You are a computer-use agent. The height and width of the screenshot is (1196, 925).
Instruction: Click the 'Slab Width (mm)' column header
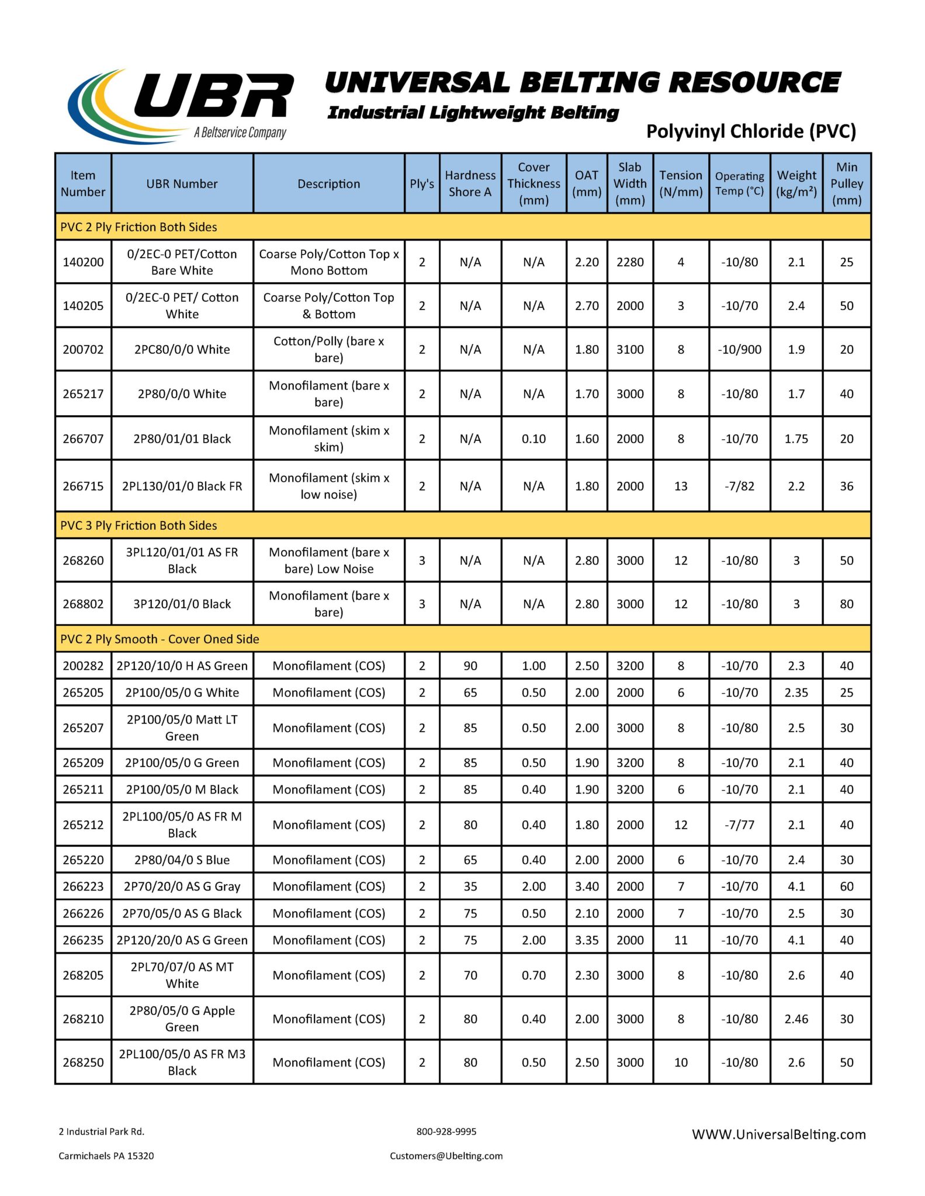(630, 183)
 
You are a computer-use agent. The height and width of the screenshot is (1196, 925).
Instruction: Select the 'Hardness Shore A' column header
(470, 183)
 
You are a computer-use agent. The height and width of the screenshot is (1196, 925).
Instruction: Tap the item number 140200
(83, 262)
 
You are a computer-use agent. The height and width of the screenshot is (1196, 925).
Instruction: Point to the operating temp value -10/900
(739, 349)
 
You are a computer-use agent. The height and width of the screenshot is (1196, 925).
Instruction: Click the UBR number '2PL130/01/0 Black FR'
(182, 486)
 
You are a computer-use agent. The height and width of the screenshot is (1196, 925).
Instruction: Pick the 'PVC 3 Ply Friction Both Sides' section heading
(138, 526)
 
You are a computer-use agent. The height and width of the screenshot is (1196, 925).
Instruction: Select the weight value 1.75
(796, 439)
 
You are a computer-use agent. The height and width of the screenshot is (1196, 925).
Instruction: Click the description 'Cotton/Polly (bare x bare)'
(328, 349)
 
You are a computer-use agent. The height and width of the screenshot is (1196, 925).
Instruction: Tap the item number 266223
(83, 886)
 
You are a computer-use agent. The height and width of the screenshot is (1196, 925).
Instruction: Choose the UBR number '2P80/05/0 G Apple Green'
(182, 1018)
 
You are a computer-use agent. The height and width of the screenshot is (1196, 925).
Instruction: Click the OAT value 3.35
(587, 940)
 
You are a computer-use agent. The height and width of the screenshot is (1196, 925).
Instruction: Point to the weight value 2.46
(796, 1019)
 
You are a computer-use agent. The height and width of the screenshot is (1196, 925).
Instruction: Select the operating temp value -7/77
(739, 825)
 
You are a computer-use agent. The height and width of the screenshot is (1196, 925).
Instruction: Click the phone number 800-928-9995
(446, 1131)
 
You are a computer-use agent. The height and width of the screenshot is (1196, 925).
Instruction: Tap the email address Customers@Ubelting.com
(446, 1156)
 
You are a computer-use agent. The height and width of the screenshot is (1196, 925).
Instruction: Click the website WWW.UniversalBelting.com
(778, 1134)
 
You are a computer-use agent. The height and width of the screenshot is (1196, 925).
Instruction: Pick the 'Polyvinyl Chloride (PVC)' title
(751, 131)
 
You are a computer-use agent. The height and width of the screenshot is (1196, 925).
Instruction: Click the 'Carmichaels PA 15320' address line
(106, 1156)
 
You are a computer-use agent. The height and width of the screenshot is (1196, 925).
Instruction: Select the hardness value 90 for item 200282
(470, 666)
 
